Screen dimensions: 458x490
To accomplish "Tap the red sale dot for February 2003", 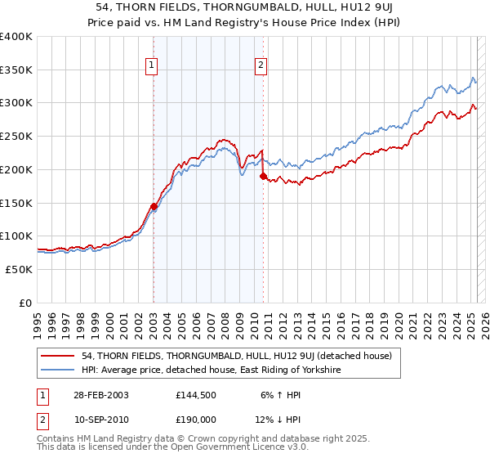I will (x=154, y=206).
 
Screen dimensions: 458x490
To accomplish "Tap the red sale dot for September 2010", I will (x=263, y=176).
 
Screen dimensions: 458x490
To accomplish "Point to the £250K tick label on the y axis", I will (x=16, y=137).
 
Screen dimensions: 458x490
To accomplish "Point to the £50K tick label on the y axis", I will (x=19, y=269).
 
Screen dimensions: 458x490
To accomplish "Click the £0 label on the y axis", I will (x=24, y=303).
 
